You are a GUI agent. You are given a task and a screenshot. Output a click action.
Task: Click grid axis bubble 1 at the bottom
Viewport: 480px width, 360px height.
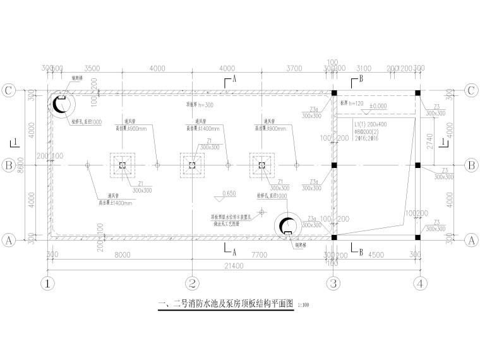[x=45, y=283]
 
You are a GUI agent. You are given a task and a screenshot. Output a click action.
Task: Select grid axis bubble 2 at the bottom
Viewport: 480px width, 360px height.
[x=193, y=283]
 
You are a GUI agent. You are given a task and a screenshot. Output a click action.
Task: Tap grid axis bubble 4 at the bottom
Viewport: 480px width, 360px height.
[x=419, y=283]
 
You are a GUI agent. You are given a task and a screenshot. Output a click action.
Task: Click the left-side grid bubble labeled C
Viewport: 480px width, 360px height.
[x=9, y=90]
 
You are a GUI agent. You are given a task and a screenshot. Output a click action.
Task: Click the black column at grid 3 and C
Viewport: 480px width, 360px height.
[x=334, y=93]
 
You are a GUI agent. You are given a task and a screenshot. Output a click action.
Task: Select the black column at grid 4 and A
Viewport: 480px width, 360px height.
[x=417, y=238]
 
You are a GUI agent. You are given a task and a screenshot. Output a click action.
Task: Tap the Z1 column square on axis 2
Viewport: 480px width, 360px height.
[x=193, y=165]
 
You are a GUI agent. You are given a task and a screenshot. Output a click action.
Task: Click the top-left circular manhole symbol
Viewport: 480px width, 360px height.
[x=61, y=104]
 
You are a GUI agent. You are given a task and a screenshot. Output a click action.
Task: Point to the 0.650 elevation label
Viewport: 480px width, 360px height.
[x=229, y=193]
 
